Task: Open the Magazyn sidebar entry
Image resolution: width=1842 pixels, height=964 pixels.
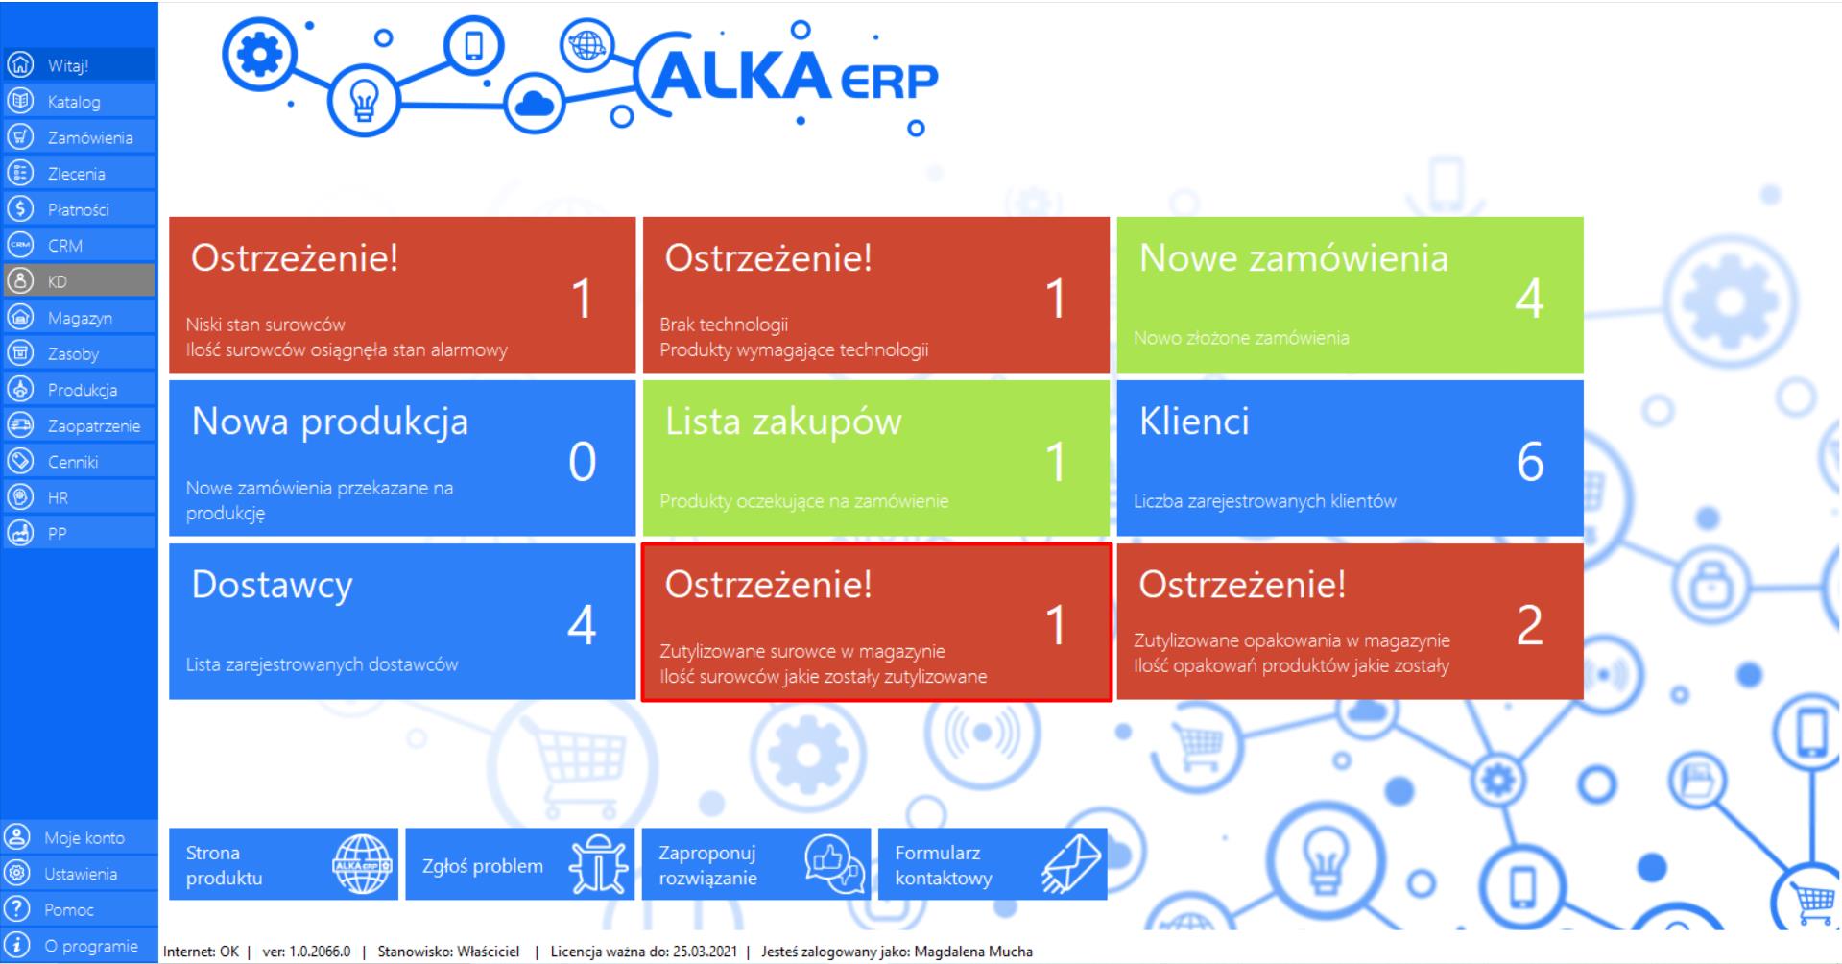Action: (80, 318)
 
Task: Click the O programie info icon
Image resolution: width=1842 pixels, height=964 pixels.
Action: (18, 945)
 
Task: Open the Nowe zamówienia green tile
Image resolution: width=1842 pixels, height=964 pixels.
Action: (1350, 295)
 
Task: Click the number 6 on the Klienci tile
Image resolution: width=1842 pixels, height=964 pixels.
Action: (1530, 462)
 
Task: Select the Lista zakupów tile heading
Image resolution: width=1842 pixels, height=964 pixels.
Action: (783, 422)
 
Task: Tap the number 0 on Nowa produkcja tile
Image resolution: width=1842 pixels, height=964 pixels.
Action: (582, 462)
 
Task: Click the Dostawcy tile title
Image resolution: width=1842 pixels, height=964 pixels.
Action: (272, 585)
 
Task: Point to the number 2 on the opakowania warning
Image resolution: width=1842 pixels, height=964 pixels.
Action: (1530, 625)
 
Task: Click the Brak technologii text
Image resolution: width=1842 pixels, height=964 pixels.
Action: (724, 325)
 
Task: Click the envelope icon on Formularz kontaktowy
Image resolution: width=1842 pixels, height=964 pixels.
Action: (1071, 864)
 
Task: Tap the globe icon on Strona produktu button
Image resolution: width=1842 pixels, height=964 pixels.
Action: (362, 864)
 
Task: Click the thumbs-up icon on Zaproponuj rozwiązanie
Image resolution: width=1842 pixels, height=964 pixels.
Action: (834, 864)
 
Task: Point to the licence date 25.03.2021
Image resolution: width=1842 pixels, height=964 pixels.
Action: (705, 952)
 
